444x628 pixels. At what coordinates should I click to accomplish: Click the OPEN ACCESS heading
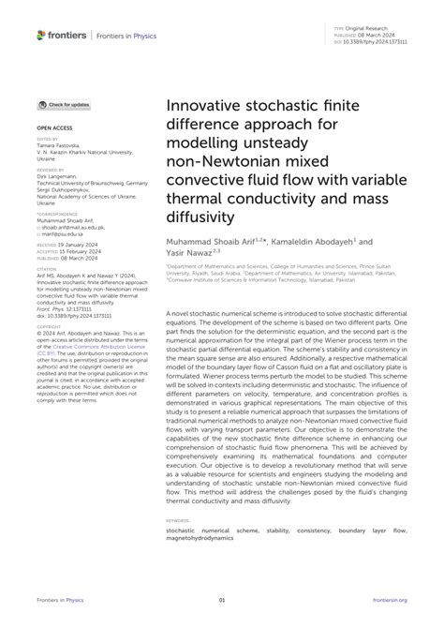pos(55,125)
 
